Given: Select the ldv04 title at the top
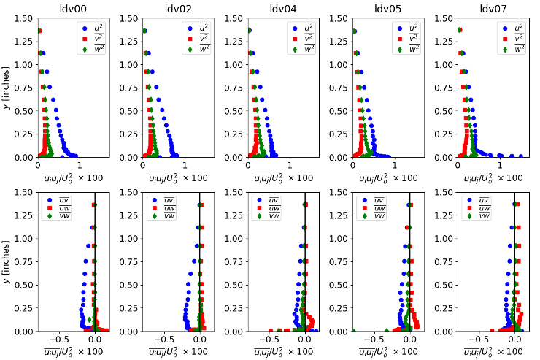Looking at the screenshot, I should tap(284, 9).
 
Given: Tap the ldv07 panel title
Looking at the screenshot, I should tap(494, 9).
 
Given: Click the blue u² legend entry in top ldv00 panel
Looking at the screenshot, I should tap(93, 28).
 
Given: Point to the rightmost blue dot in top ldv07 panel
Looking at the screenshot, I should tap(520, 156).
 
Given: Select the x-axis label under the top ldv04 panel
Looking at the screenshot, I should tap(284, 178).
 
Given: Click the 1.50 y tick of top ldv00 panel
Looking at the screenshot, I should tap(26, 18).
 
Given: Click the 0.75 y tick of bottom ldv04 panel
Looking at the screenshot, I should tap(236, 261).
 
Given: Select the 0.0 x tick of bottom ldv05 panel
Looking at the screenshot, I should tap(410, 340).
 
